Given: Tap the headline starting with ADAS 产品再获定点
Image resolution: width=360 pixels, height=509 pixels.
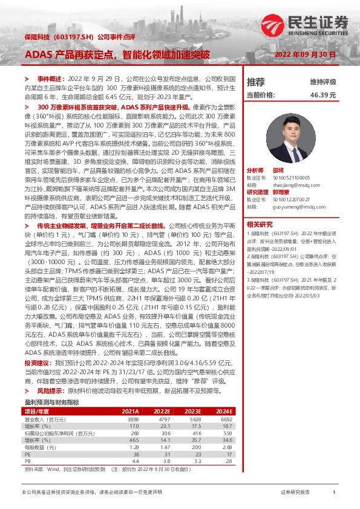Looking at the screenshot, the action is point(117,55).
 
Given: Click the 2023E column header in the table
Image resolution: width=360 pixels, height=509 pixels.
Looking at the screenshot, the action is point(191,410).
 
